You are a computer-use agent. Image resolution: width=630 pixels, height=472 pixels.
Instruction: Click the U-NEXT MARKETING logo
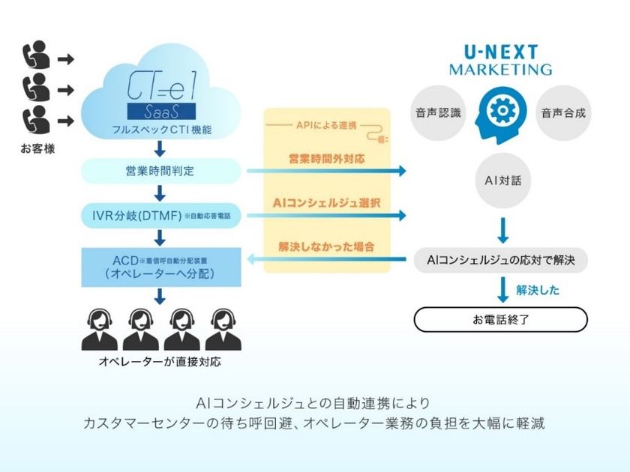coord(500,60)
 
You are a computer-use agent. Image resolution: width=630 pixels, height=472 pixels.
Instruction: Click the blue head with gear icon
coord(500,112)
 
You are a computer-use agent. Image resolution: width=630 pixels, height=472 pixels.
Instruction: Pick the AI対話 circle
coord(500,180)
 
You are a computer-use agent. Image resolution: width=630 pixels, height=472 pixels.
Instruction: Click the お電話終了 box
coord(500,320)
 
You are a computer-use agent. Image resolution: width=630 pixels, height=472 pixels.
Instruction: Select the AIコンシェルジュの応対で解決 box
coord(500,261)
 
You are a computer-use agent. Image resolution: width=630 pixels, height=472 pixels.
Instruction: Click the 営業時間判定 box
coord(160,171)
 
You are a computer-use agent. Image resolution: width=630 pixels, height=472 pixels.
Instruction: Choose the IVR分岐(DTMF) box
coord(160,216)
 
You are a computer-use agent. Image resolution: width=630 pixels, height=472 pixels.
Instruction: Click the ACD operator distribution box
coord(160,267)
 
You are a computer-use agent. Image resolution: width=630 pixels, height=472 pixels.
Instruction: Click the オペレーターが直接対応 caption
coord(160,362)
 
